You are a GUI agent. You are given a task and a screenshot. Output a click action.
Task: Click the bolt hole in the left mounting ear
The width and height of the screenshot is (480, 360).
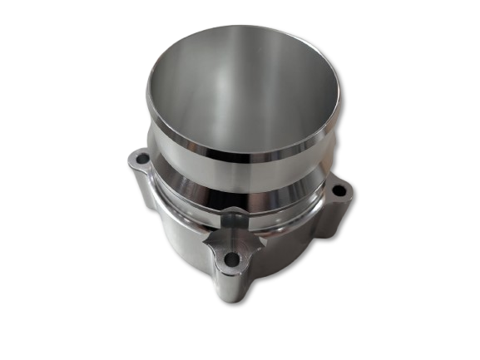141,158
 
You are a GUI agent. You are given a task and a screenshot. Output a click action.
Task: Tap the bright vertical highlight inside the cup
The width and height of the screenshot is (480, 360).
218,91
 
